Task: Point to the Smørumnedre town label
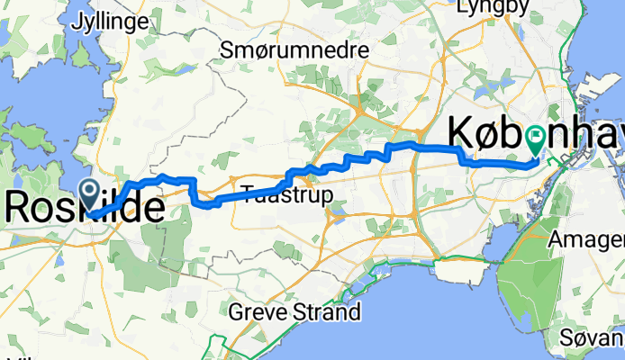click(x=294, y=51)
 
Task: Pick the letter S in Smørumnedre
click(x=226, y=51)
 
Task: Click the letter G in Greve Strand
click(x=236, y=313)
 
